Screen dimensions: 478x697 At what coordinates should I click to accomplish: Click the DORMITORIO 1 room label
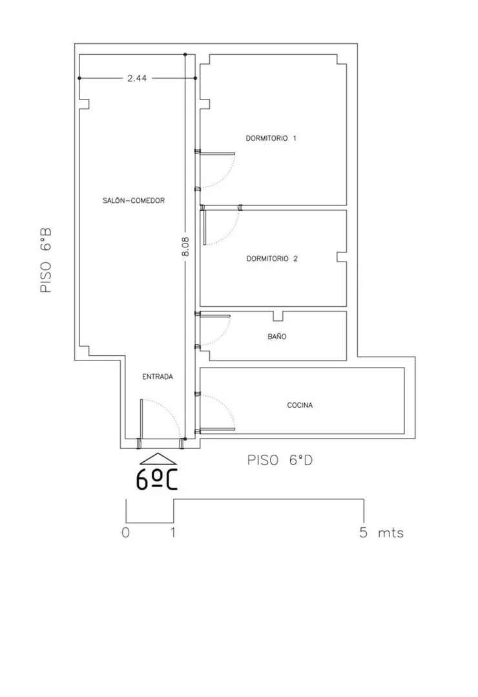click(271, 138)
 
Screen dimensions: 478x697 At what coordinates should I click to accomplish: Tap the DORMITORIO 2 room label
click(272, 258)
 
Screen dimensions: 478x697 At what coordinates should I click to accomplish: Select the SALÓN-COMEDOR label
click(134, 200)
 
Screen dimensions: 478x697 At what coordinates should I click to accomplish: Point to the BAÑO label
click(277, 337)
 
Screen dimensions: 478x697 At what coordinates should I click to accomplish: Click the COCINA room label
click(300, 406)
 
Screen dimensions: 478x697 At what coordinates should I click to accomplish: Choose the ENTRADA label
click(158, 377)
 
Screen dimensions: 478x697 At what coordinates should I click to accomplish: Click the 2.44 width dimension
click(137, 78)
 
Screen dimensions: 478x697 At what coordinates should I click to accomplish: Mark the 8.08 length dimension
click(185, 246)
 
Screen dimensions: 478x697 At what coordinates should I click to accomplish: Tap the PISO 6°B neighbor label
click(47, 260)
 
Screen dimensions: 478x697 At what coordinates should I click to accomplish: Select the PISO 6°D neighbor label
click(280, 460)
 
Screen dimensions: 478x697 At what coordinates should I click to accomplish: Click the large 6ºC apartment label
click(156, 479)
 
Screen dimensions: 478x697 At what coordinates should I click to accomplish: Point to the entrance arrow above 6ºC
click(158, 459)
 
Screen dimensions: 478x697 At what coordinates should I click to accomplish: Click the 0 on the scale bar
click(126, 532)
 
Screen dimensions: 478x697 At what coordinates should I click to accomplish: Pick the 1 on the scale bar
click(173, 532)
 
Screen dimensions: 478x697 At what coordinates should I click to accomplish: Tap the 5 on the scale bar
click(364, 532)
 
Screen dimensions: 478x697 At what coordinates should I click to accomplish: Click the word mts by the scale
click(391, 533)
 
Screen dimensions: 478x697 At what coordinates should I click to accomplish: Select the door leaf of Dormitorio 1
click(218, 154)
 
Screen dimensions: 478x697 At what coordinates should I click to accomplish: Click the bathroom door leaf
click(215, 316)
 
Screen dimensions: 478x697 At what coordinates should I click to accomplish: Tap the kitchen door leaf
click(218, 430)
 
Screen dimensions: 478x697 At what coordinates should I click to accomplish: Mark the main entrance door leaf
click(141, 419)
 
